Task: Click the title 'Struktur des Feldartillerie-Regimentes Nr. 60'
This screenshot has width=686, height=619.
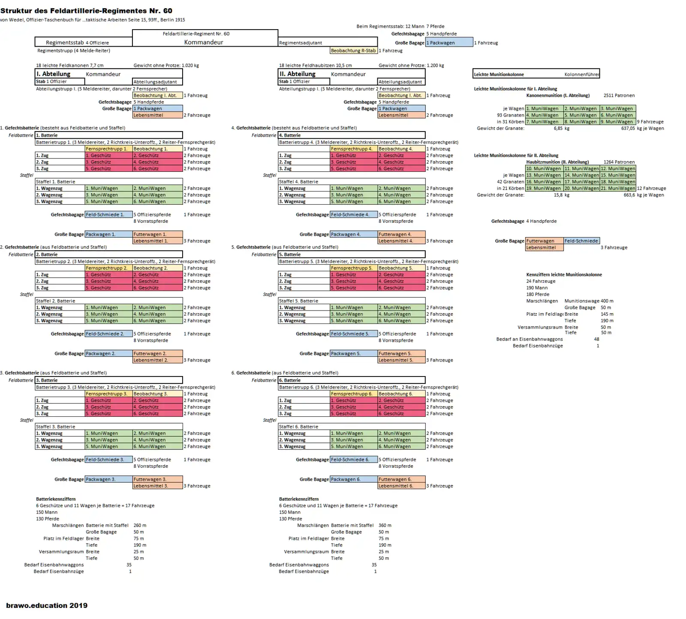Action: click(86, 11)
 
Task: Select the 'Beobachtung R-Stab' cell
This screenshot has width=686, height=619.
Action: click(353, 51)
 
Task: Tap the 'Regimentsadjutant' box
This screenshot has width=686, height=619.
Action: click(328, 43)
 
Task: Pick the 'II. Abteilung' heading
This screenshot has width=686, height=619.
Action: click(298, 74)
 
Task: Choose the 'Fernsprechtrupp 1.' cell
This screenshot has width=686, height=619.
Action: click(108, 149)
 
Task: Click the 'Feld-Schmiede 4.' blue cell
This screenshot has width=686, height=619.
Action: click(353, 215)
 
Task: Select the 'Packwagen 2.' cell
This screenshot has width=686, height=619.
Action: click(108, 354)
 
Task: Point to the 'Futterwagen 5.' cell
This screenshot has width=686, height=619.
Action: click(401, 354)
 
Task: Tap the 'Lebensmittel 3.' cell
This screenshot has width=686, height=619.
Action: click(157, 486)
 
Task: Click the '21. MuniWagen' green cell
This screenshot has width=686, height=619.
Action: click(617, 188)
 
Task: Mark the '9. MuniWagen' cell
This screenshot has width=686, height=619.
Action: click(617, 122)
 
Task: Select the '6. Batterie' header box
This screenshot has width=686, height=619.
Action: click(352, 380)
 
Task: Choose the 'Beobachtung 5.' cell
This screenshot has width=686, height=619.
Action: click(401, 268)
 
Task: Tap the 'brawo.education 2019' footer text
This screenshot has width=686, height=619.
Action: click(47, 605)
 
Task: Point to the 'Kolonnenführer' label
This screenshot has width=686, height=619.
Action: click(581, 75)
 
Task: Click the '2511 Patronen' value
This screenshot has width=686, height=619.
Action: click(619, 96)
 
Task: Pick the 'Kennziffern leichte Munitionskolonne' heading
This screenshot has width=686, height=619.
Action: click(564, 275)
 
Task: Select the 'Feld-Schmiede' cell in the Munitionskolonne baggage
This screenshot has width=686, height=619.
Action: click(581, 241)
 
